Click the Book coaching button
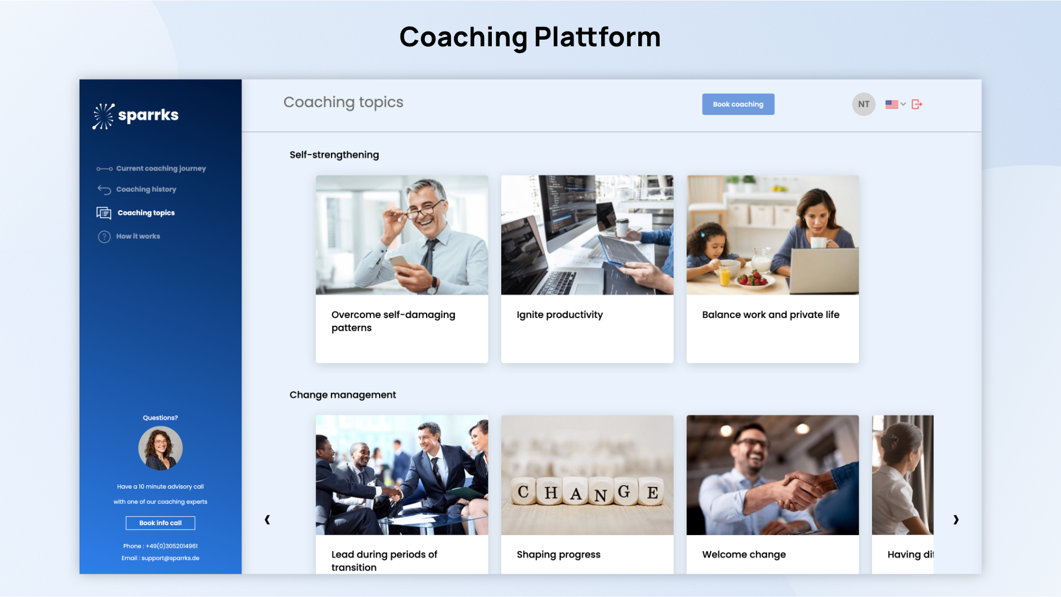(x=738, y=104)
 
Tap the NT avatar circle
(x=864, y=104)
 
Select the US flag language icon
(x=891, y=104)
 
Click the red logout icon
(x=917, y=104)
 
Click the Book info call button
(x=160, y=523)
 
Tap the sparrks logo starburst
(x=103, y=116)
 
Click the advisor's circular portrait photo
(x=160, y=448)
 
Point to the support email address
(x=170, y=558)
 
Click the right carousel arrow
(x=956, y=520)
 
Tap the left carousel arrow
(x=267, y=520)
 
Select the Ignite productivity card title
(x=560, y=315)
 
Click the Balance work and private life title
(x=771, y=315)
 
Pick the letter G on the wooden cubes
(x=624, y=492)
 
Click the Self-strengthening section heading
(x=334, y=155)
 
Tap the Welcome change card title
(x=744, y=554)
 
